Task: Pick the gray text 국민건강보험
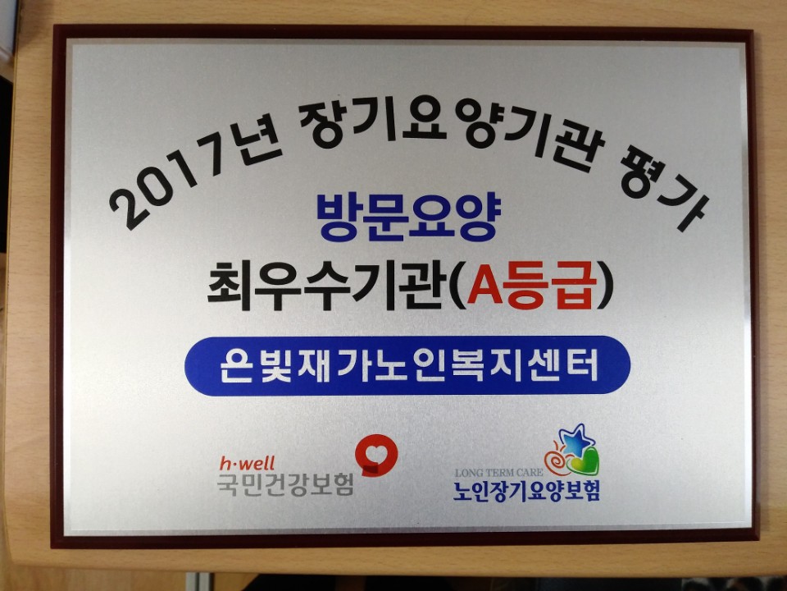coord(284,483)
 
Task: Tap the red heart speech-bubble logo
coord(375,453)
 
